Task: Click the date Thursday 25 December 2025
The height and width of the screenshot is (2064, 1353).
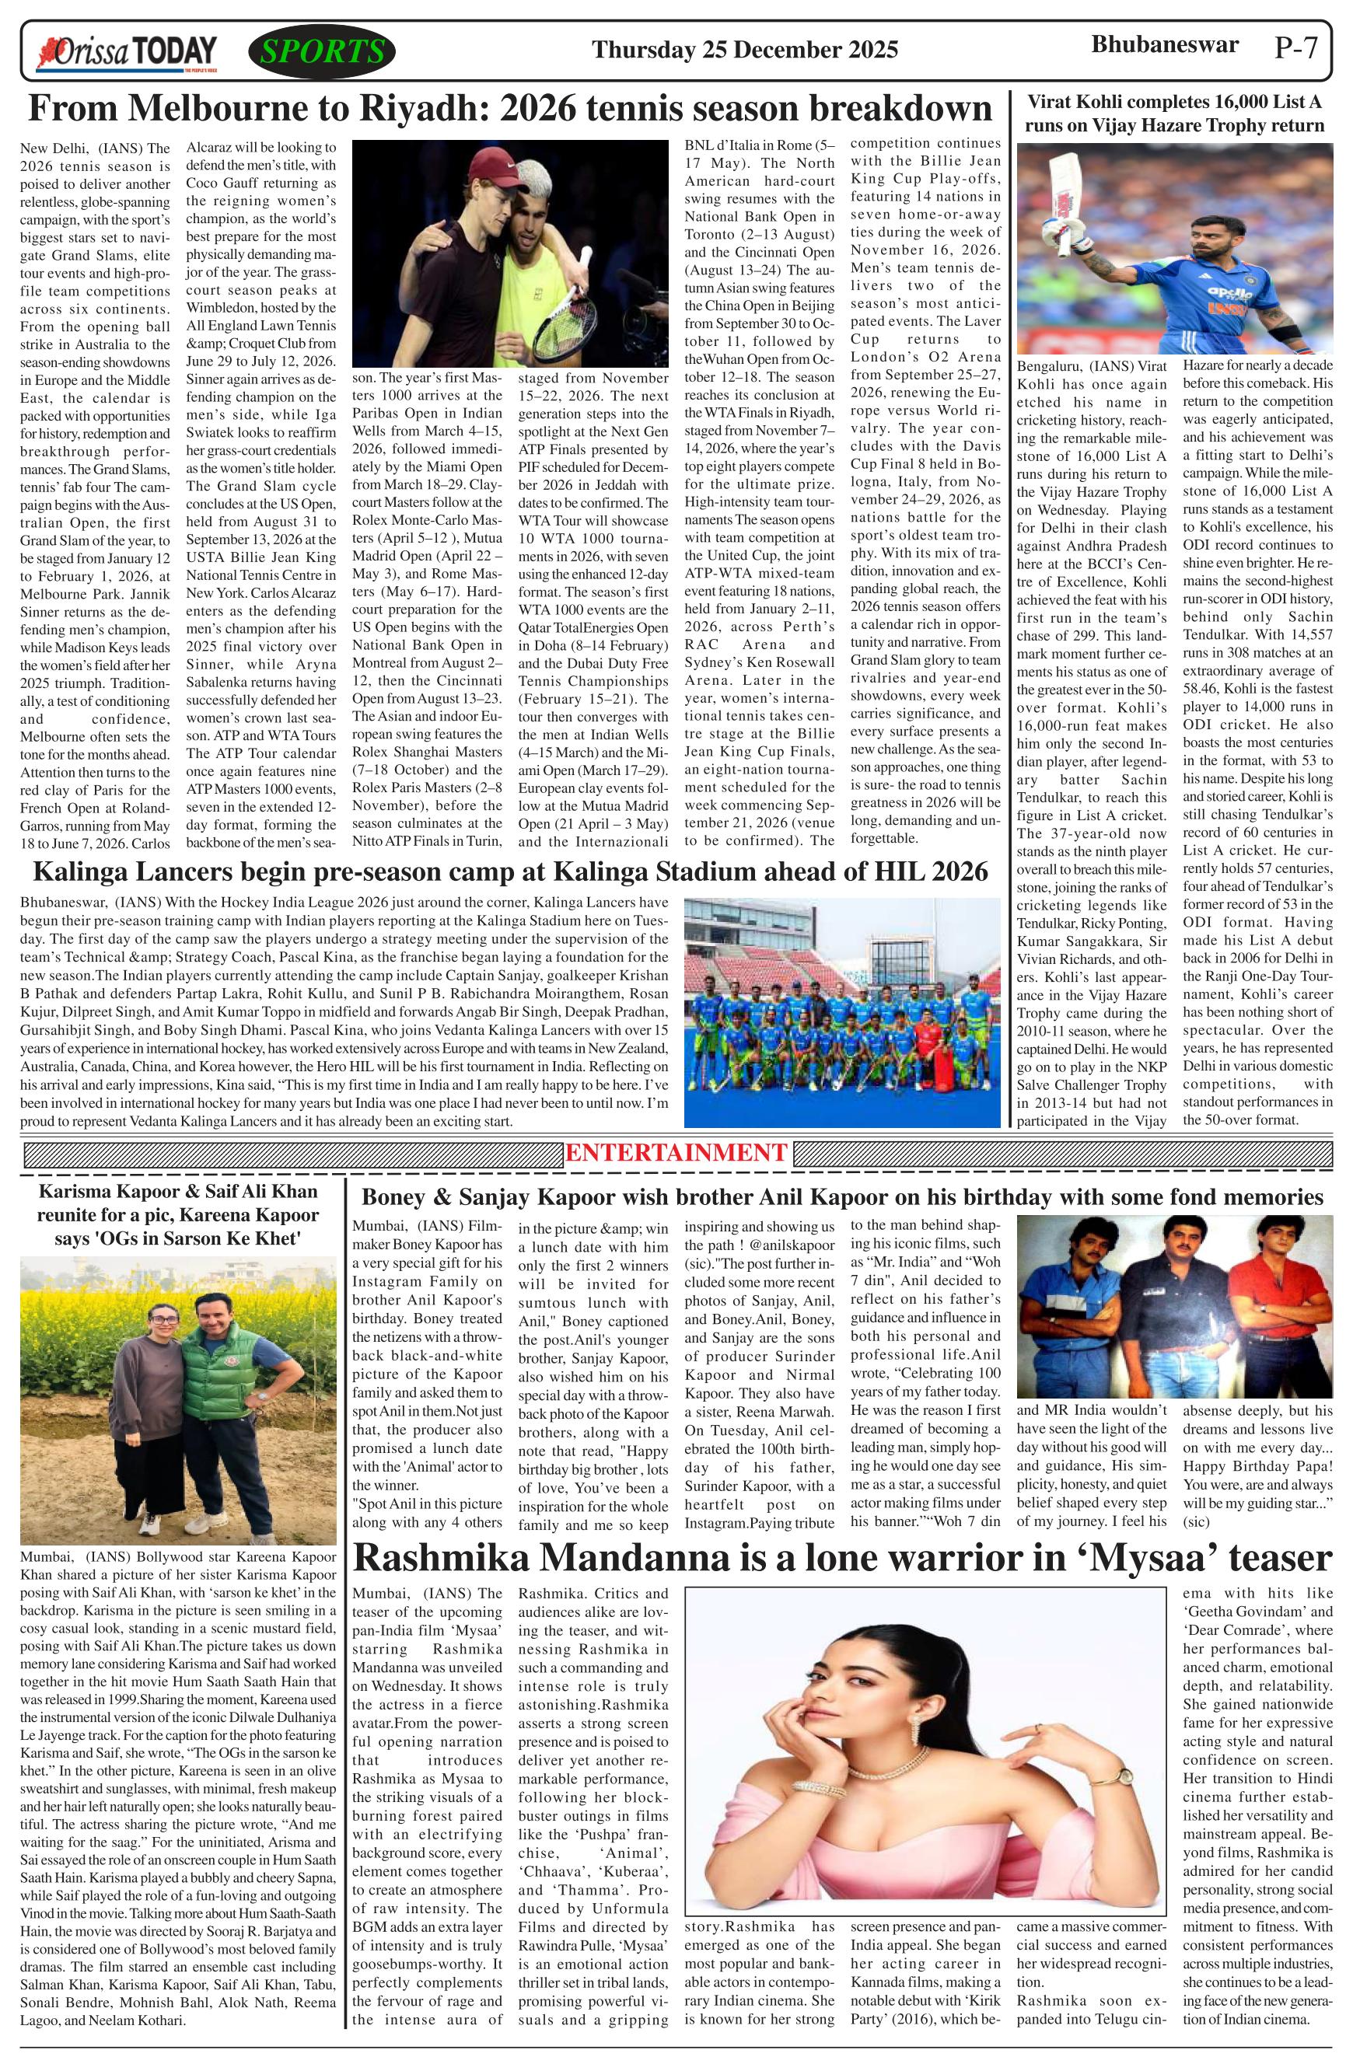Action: pyautogui.click(x=744, y=51)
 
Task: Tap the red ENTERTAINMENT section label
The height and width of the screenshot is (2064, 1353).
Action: pyautogui.click(x=676, y=1153)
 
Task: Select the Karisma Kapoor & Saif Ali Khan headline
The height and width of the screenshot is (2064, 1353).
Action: pyautogui.click(x=178, y=1214)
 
